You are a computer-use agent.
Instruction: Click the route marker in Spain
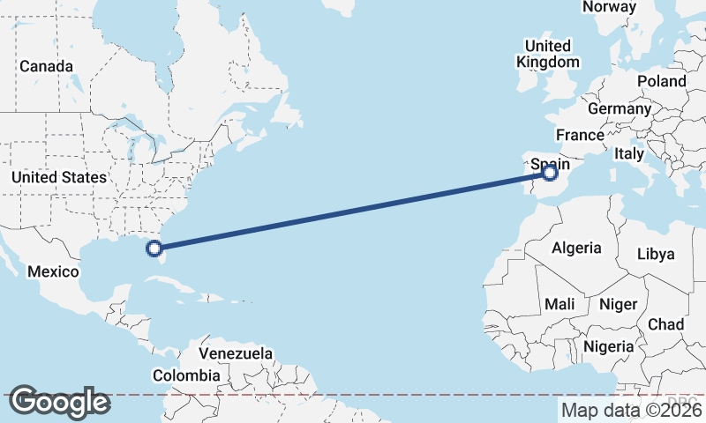coord(550,173)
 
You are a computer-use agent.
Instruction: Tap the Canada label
coord(46,66)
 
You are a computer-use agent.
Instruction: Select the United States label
coord(58,177)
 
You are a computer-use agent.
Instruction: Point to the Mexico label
coord(53,271)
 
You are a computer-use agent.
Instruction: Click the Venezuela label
coord(235,353)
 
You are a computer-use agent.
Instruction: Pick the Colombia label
coord(186,375)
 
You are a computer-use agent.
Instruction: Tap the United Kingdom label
coord(548,54)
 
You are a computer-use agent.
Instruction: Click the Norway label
coord(610,7)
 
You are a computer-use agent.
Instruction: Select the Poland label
coord(662,81)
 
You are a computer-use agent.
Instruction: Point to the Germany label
coord(619,108)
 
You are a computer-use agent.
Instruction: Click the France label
coord(580,135)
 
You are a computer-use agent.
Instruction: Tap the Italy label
coord(629,153)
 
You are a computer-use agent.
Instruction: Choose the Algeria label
coord(576,248)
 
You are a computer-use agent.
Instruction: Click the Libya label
coord(656,254)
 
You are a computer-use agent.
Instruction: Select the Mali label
coord(560,304)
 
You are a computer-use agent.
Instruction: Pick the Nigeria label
coord(609,346)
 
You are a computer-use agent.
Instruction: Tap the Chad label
coord(665,324)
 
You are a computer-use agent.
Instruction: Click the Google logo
coord(59,402)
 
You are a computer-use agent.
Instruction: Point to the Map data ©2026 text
coord(632,410)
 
